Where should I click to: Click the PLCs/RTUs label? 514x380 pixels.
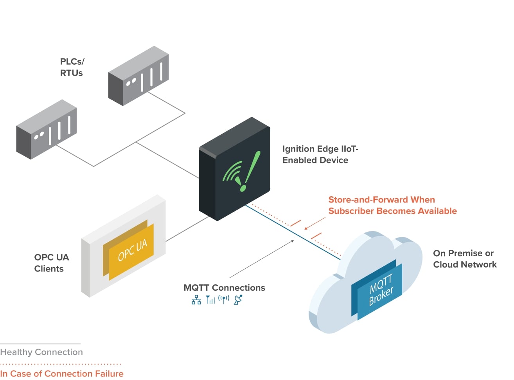click(72, 67)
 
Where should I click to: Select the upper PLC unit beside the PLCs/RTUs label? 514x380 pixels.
click(138, 75)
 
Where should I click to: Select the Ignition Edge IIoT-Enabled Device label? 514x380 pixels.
click(320, 154)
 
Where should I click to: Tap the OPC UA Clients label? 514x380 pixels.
click(51, 263)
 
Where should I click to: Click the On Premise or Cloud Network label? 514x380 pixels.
click(464, 259)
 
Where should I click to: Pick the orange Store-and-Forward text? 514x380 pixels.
click(392, 205)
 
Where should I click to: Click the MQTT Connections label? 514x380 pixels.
click(224, 288)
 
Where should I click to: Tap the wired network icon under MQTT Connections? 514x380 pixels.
click(196, 300)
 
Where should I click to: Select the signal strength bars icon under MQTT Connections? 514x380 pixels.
click(210, 300)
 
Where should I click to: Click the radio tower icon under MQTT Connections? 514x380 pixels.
click(224, 300)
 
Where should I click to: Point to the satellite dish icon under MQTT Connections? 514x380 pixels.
click(238, 300)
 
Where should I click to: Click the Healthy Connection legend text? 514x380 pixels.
click(41, 352)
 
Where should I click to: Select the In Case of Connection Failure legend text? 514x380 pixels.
click(62, 374)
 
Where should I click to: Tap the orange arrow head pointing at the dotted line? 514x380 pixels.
click(307, 228)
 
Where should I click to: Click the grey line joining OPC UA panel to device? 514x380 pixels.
click(187, 230)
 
